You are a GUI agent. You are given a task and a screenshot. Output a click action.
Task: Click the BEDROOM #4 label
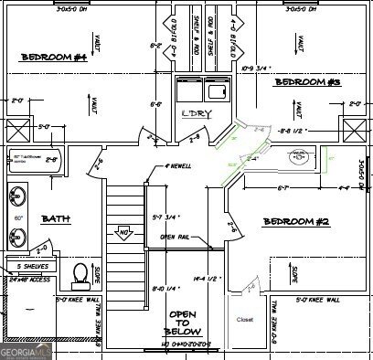click(54, 58)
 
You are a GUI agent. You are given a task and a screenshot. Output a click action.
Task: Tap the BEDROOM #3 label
click(308, 83)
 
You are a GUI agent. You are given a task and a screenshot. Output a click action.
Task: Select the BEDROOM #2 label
click(295, 222)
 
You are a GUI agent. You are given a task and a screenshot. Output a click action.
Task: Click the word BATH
click(56, 218)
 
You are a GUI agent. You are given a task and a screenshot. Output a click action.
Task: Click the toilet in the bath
click(80, 274)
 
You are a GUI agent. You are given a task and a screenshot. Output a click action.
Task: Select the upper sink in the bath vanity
click(17, 195)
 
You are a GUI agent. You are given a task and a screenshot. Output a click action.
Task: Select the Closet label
click(244, 320)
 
